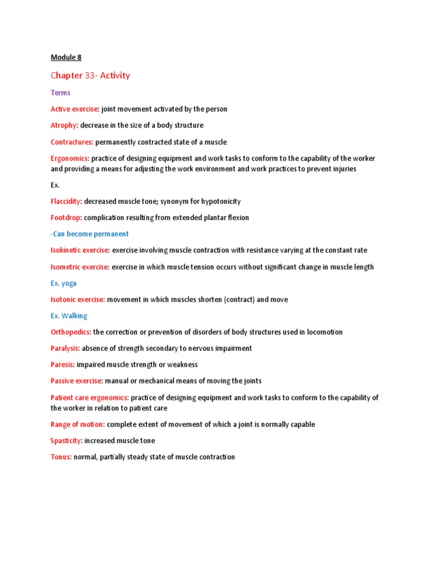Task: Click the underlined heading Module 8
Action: [66, 57]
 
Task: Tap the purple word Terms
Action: [60, 93]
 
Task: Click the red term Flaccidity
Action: [67, 201]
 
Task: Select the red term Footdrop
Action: [66, 217]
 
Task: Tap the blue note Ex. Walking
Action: [69, 316]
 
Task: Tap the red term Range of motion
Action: [77, 425]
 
